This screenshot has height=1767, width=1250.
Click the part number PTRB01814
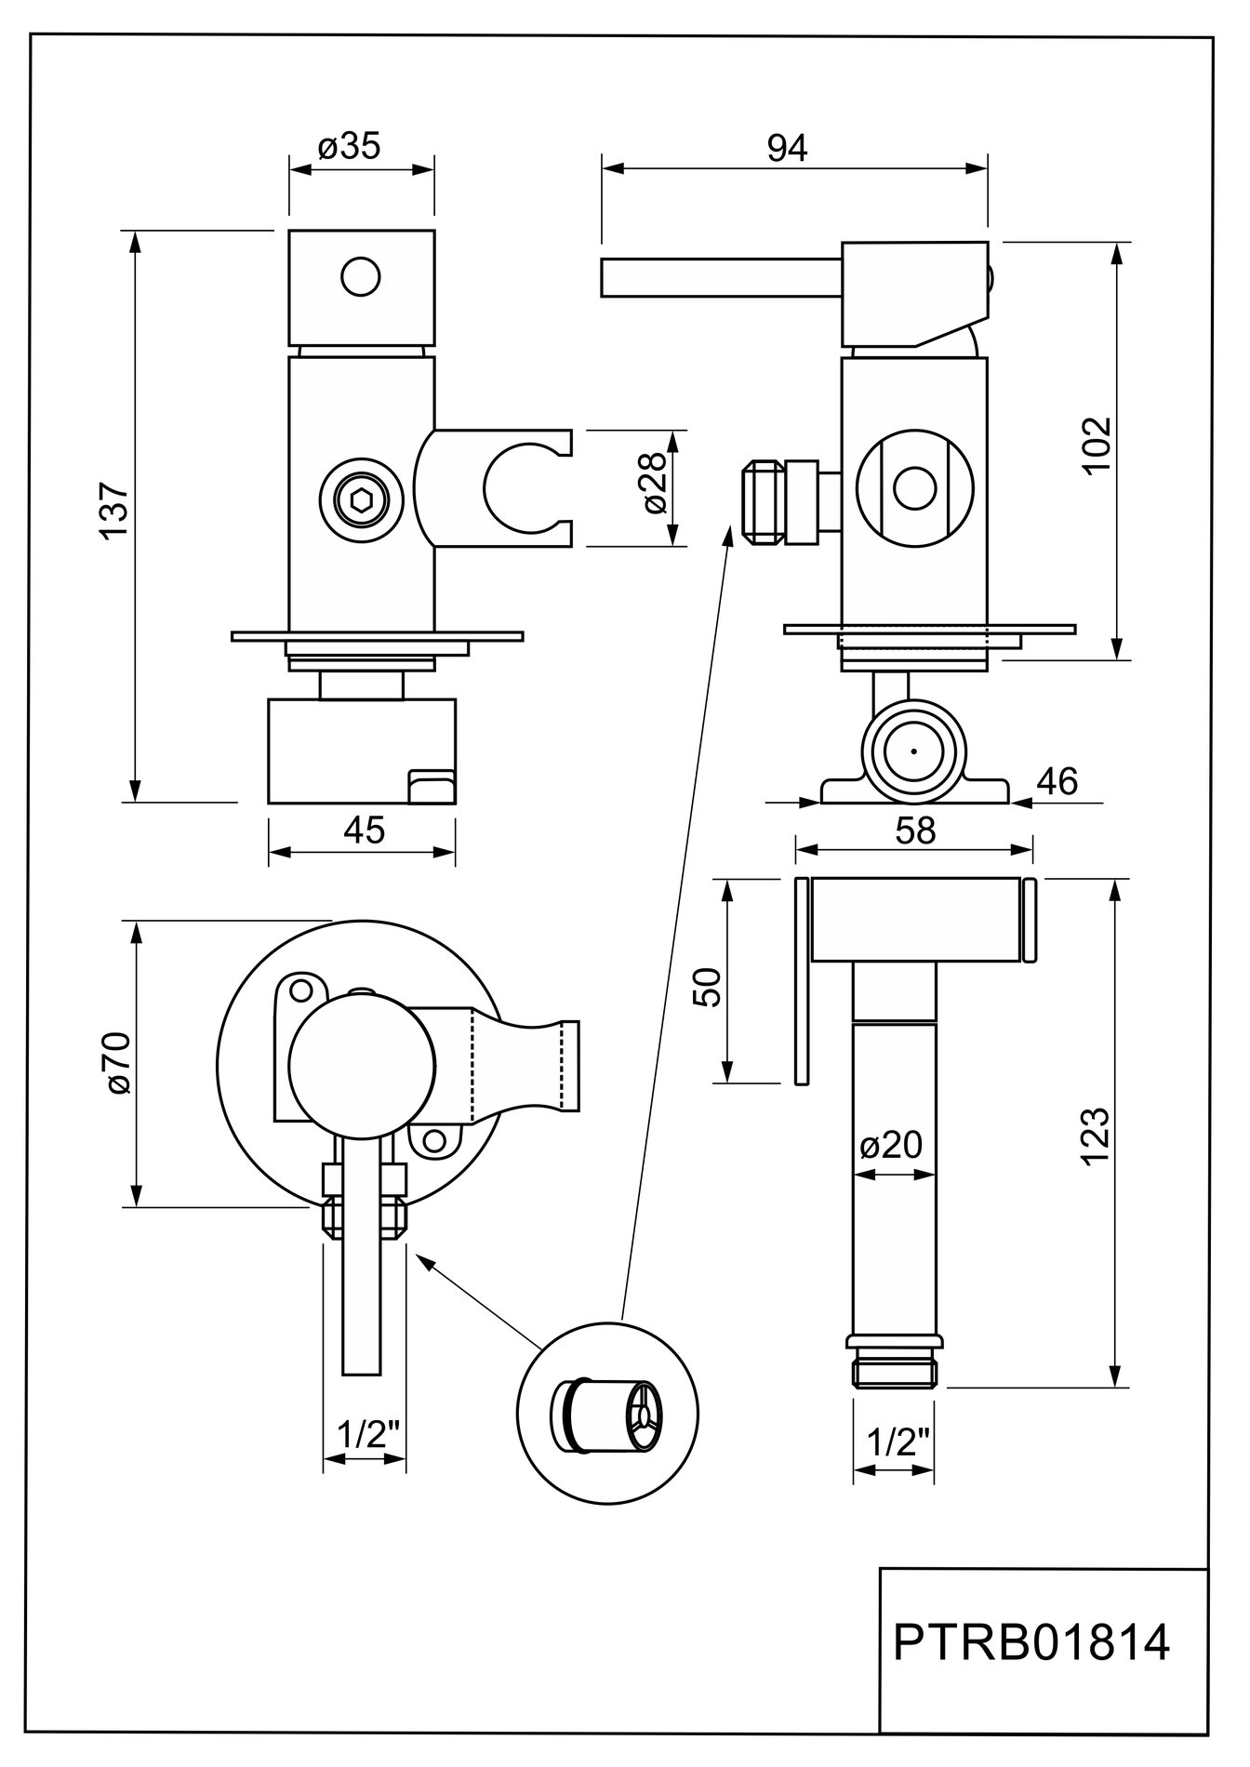click(x=1031, y=1643)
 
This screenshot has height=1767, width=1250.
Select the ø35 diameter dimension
click(x=349, y=147)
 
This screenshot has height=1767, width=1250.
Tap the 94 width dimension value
click(x=788, y=147)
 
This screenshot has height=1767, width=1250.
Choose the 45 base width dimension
click(x=363, y=830)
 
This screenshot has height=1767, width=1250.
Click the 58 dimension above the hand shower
click(x=914, y=830)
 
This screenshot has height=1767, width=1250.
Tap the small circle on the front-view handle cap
click(x=361, y=277)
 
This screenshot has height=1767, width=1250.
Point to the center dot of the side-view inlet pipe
click(x=913, y=750)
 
